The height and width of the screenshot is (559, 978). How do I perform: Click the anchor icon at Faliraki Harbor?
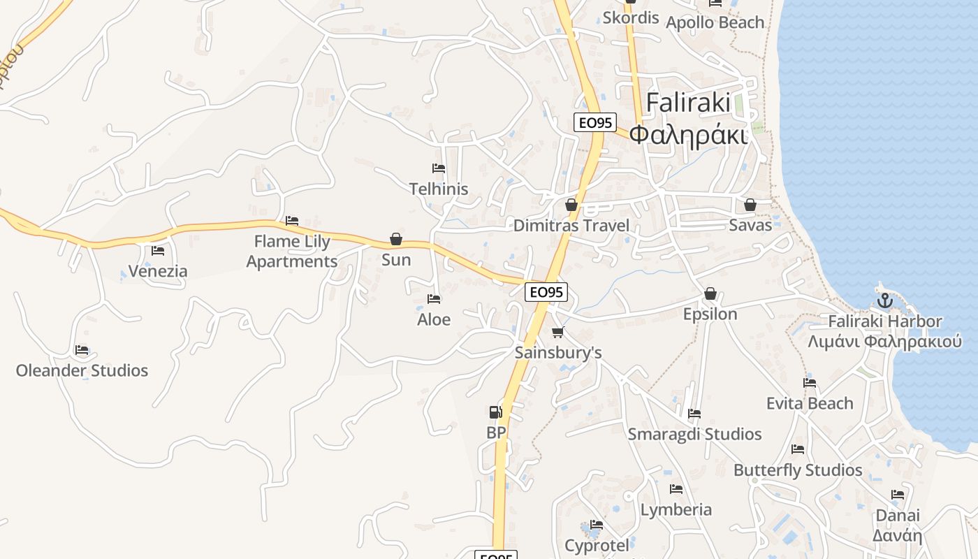[x=885, y=301]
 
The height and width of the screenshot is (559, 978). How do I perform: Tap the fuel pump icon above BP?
[x=495, y=412]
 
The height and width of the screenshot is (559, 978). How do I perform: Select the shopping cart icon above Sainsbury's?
[x=557, y=332]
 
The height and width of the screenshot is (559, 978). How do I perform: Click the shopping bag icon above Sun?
[x=396, y=239]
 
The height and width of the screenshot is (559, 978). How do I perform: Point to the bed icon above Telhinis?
[x=439, y=168]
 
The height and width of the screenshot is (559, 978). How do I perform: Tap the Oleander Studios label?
[x=82, y=370]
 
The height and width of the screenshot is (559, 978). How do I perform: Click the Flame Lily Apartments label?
[x=292, y=252]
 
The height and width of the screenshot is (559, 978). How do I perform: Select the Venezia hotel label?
[x=158, y=271]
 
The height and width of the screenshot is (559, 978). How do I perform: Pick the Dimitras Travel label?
[x=571, y=226]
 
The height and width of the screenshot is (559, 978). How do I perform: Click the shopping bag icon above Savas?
[x=750, y=205]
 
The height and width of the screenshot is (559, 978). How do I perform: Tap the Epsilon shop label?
[x=710, y=314]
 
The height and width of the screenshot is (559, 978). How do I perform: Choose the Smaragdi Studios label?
[x=694, y=434]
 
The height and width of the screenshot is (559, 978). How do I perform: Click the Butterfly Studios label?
[x=798, y=470]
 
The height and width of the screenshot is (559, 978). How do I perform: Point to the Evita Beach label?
[x=810, y=403]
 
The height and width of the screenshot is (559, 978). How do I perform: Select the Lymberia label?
[x=676, y=509]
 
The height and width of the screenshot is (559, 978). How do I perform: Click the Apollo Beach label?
[x=715, y=22]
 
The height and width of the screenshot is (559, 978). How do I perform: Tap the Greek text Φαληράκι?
[x=688, y=133]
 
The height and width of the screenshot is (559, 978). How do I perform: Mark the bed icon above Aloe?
[x=434, y=299]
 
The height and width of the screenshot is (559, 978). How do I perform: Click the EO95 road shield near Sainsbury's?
[x=546, y=292]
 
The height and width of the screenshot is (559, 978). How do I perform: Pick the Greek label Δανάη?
[x=897, y=536]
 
